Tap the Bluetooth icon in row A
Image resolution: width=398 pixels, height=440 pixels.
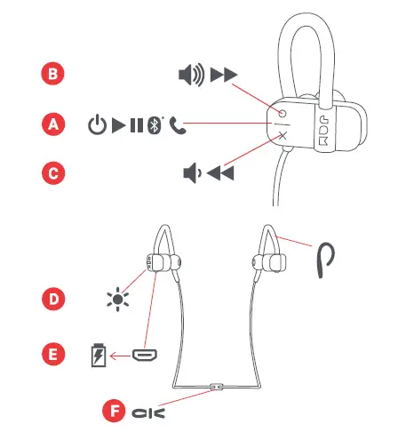tap(155, 124)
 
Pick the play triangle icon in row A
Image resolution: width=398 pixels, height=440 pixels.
tap(117, 124)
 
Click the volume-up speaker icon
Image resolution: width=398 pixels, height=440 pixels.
tap(191, 76)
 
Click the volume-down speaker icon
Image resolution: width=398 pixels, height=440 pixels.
tap(190, 173)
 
